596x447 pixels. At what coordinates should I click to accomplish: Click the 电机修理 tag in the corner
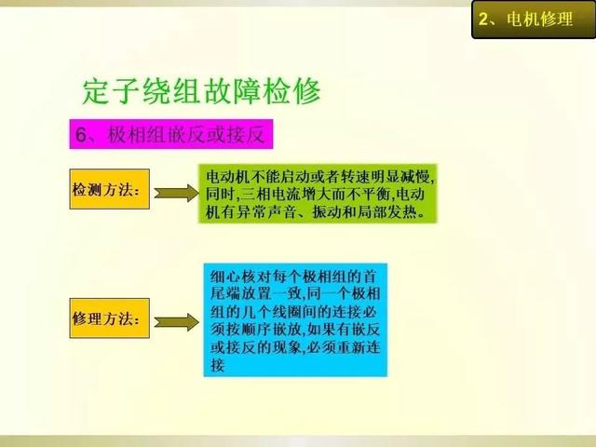click(534, 20)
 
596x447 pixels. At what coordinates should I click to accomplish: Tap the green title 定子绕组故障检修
click(201, 91)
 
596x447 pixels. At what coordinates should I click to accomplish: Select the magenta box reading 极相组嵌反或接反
click(171, 134)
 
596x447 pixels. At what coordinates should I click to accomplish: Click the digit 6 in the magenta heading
click(81, 134)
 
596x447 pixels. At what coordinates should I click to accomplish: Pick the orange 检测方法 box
click(110, 189)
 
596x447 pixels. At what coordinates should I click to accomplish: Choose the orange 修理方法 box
click(110, 318)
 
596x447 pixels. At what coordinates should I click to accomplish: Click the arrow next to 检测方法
click(176, 193)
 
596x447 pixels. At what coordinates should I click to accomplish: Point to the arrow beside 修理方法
click(176, 322)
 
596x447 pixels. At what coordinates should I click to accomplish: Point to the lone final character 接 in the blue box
click(218, 365)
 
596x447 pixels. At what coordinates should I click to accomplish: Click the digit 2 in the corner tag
click(483, 19)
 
